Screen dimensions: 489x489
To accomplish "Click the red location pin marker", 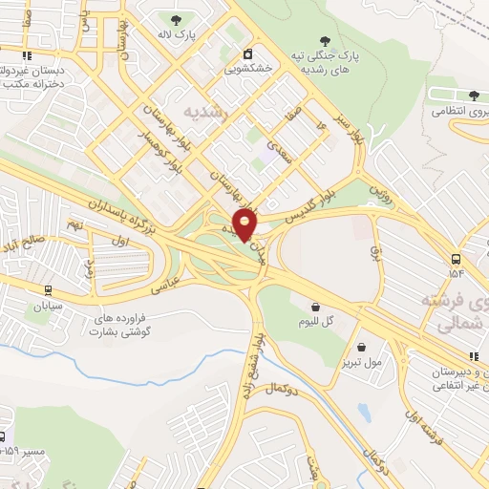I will point(245,223).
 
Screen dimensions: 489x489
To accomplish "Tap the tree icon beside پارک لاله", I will point(174,20).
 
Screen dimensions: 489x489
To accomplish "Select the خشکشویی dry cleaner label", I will point(247,68).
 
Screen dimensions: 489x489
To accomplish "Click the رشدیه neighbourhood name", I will point(207,111).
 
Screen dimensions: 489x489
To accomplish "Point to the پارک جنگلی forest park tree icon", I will point(326,41).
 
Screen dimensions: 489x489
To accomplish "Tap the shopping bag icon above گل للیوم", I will point(316,307).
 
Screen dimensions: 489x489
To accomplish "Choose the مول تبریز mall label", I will point(361,362).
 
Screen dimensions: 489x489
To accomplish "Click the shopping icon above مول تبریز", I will point(361,347).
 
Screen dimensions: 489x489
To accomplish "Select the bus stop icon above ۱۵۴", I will point(456,259).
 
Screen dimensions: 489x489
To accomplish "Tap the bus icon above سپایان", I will point(46,290).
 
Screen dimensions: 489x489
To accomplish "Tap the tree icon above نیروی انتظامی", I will point(474,96).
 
